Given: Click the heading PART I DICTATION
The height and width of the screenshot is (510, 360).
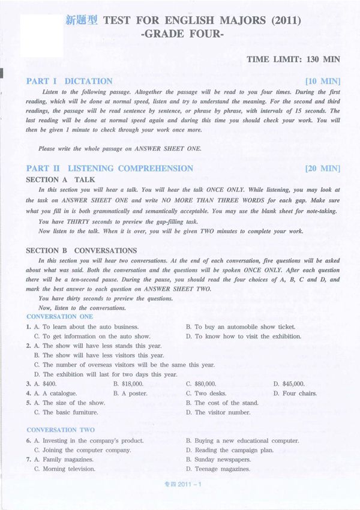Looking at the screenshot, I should click(69, 81).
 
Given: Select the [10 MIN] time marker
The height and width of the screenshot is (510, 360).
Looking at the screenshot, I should click(322, 81).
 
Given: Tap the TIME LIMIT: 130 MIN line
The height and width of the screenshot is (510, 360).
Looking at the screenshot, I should click(293, 59).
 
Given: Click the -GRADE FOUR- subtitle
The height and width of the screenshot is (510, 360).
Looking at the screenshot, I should click(182, 35).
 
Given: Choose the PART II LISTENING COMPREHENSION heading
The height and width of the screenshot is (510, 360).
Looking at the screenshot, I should click(110, 168).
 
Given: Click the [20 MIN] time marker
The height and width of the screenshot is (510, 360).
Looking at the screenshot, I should click(322, 168).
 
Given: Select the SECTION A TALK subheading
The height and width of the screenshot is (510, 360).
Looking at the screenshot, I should click(61, 179).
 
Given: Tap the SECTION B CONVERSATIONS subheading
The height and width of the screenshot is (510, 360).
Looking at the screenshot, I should click(82, 250).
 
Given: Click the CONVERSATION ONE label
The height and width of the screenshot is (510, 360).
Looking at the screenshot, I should click(60, 316).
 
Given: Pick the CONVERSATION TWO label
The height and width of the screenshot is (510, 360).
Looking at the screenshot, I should click(61, 430).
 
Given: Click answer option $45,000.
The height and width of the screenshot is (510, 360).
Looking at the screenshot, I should click(289, 383).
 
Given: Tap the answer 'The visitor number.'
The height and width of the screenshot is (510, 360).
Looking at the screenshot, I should click(223, 412).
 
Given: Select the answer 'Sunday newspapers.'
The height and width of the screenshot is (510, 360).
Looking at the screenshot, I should click(223, 460).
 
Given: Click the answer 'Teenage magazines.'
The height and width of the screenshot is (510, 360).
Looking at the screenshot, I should click(222, 469).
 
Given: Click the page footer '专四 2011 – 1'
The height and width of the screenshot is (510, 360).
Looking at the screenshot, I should click(181, 484).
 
